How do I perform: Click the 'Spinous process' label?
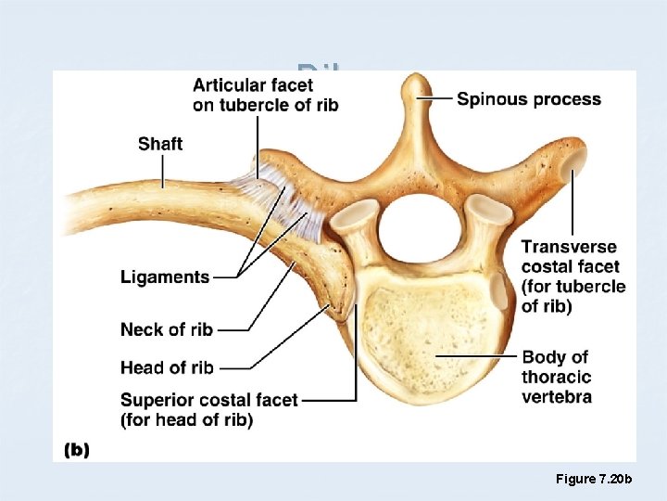click(528, 99)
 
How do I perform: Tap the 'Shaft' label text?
click(160, 144)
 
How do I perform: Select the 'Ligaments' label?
click(165, 276)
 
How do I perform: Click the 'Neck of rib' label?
click(167, 329)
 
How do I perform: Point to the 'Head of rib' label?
click(167, 367)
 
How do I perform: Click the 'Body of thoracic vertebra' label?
click(556, 378)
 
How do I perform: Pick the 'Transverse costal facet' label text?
click(573, 276)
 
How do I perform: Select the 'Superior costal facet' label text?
click(208, 409)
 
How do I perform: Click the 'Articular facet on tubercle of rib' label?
click(265, 95)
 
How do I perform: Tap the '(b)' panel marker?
click(76, 450)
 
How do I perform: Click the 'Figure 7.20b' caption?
click(593, 479)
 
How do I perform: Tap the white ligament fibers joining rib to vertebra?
click(278, 190)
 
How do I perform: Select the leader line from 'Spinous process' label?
click(442, 97)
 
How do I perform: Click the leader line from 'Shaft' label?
click(162, 171)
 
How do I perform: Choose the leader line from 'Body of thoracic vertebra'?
click(477, 355)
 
